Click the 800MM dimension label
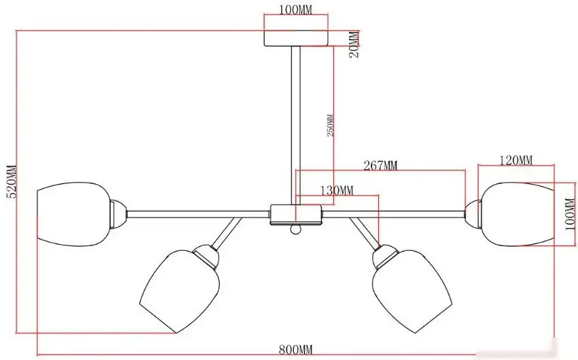tap(296, 349)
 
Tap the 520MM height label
tap(12, 181)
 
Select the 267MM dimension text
tap(380, 166)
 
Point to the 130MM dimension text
tap(337, 191)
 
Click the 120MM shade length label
tap(516, 160)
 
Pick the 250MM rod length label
tap(331, 125)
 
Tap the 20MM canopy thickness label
tap(354, 44)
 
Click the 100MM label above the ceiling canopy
tap(295, 10)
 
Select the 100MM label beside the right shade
tap(571, 214)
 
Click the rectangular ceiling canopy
tap(296, 38)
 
